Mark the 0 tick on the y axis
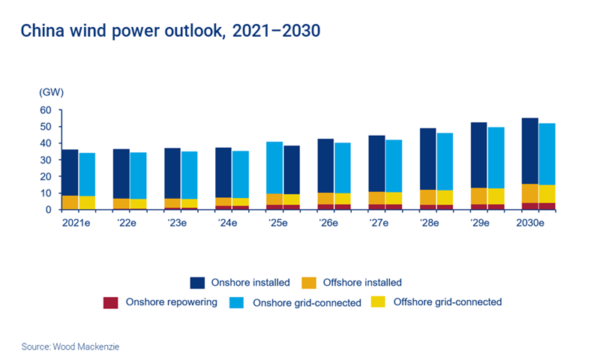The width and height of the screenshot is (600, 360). pos(47,210)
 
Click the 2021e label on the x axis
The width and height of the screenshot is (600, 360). pos(78,223)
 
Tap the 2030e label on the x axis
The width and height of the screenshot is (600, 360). pos(537,223)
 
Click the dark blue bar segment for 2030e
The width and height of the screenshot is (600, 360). pos(529,151)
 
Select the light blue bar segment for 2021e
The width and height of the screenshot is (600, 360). pos(87,174)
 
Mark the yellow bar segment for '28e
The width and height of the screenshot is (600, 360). pos(445,197)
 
